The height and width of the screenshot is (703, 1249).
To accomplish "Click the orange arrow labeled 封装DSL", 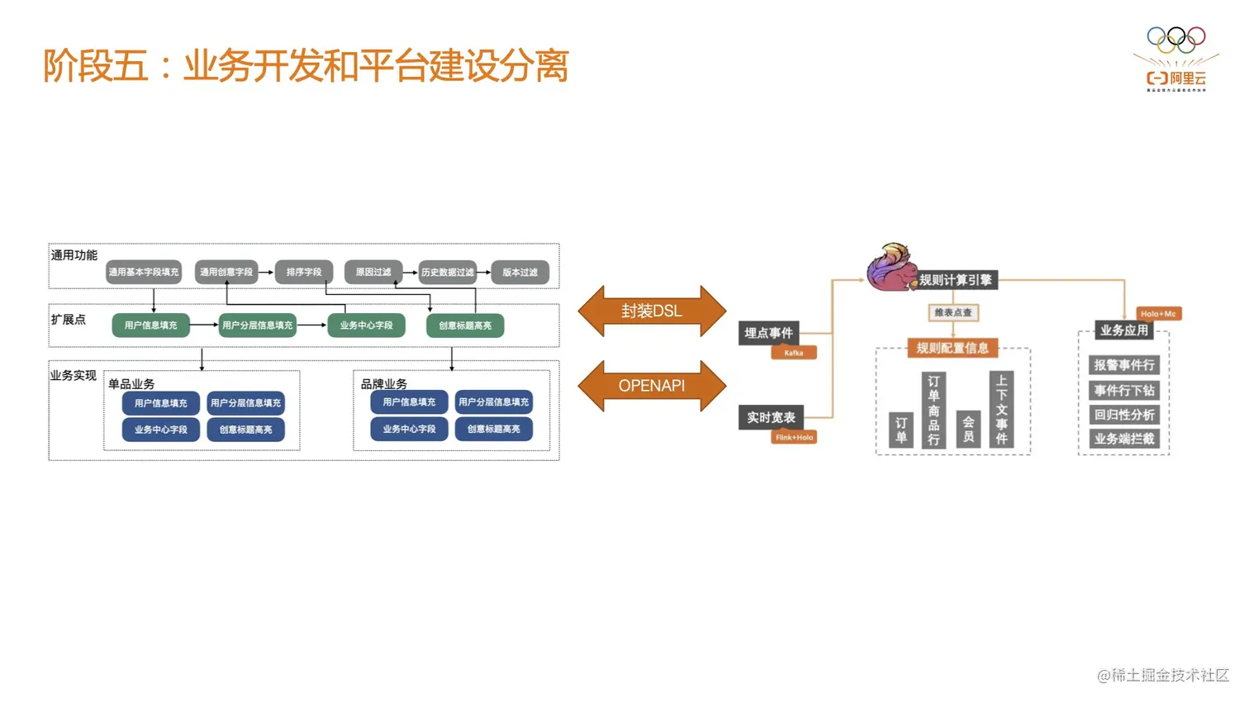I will (652, 311).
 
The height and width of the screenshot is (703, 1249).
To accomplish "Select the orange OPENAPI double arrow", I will (652, 386).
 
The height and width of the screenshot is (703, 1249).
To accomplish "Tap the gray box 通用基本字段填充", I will (144, 272).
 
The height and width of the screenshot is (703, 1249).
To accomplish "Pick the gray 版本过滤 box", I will (520, 272).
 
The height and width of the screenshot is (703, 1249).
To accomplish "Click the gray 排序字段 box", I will (303, 272).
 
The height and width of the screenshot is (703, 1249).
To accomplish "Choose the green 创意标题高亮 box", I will (465, 325).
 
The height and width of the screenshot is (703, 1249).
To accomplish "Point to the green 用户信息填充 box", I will (150, 325).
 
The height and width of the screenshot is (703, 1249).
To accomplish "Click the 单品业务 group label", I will (131, 384).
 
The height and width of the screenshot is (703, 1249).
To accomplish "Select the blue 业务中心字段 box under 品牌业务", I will (409, 429).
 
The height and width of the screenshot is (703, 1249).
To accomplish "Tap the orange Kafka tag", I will (794, 353).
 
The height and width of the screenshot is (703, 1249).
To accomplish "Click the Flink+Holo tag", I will (794, 437).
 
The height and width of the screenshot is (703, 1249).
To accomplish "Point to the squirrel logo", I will (890, 267).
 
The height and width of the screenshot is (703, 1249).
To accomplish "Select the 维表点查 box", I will (952, 313).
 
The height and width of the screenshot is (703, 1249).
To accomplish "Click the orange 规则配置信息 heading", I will (952, 348).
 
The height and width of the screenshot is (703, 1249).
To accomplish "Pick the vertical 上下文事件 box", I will (1001, 409).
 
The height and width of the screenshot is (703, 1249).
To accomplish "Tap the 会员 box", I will (968, 429).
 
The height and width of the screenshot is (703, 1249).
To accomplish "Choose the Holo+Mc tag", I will (1158, 314).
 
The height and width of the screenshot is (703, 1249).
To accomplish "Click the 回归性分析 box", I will (1124, 415).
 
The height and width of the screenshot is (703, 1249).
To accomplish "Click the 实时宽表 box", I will (771, 417).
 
